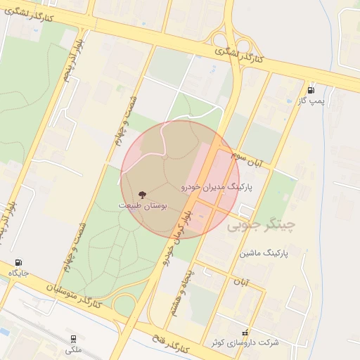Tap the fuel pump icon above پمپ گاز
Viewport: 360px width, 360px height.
tap(311, 90)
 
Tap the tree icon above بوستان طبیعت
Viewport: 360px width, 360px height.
tap(143, 194)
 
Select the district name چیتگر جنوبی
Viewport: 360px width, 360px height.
tap(262, 226)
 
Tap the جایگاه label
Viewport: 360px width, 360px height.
tap(18, 273)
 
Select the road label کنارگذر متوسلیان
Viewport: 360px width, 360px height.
tap(74, 296)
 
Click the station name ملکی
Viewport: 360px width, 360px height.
tap(73, 349)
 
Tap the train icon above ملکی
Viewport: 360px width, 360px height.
tap(73, 338)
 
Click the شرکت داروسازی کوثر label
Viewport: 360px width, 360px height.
tap(245, 342)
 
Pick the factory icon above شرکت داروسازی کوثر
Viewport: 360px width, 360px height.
tap(245, 331)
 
